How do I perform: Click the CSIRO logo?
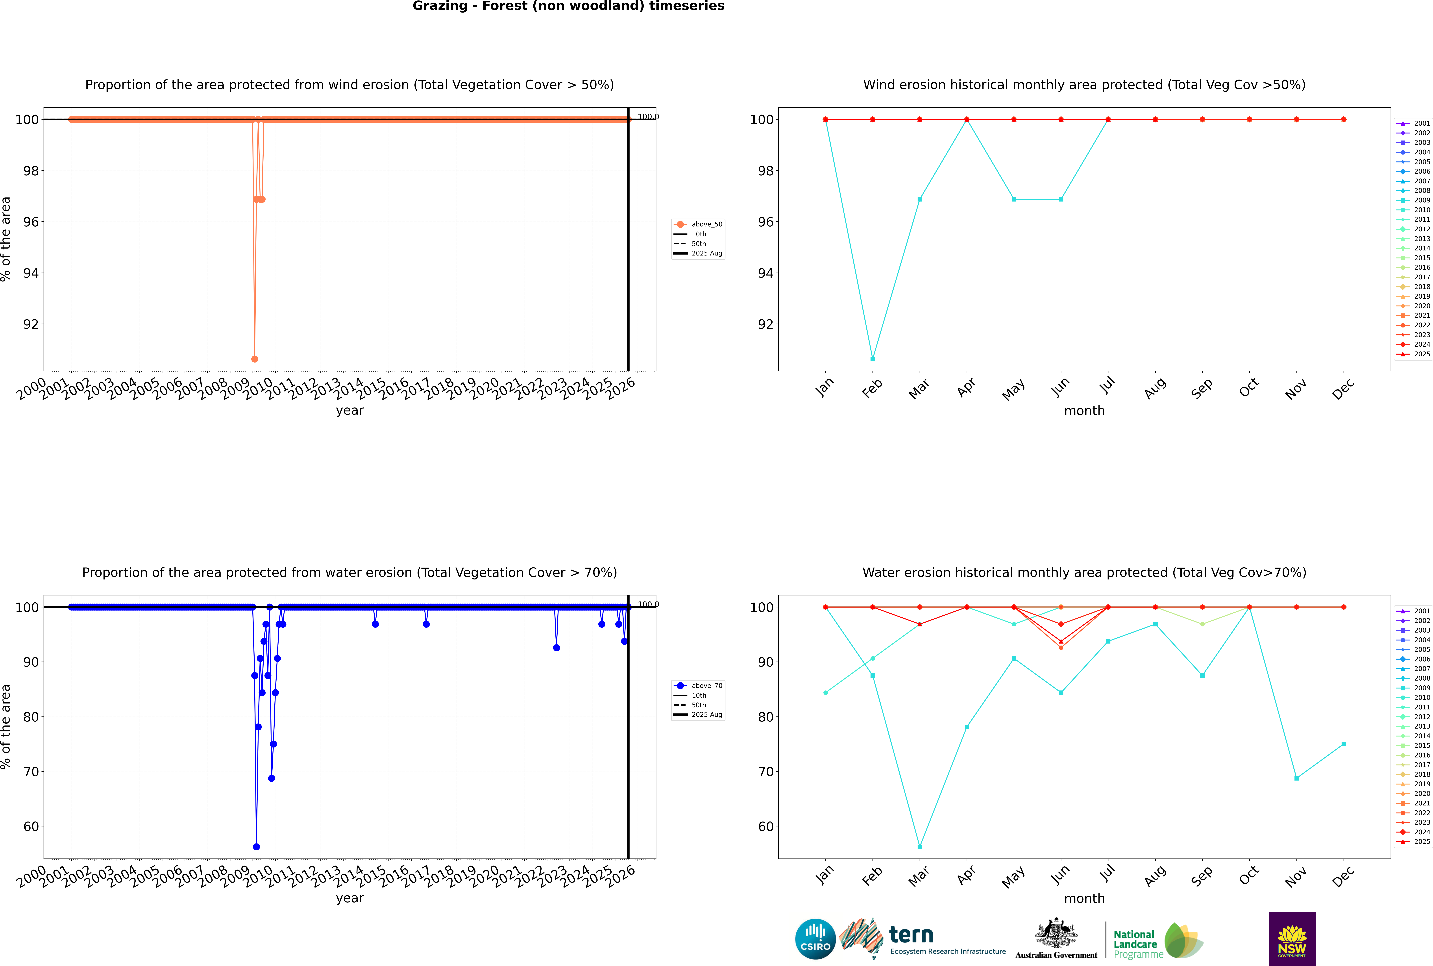[815, 939]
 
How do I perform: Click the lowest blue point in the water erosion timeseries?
[256, 846]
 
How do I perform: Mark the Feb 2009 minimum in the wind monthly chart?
[872, 359]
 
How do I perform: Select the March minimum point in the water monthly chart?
[920, 846]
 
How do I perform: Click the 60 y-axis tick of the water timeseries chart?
[31, 827]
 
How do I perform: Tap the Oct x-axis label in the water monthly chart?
[1249, 875]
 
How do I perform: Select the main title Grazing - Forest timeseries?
[568, 6]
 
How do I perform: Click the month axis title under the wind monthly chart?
[1084, 411]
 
